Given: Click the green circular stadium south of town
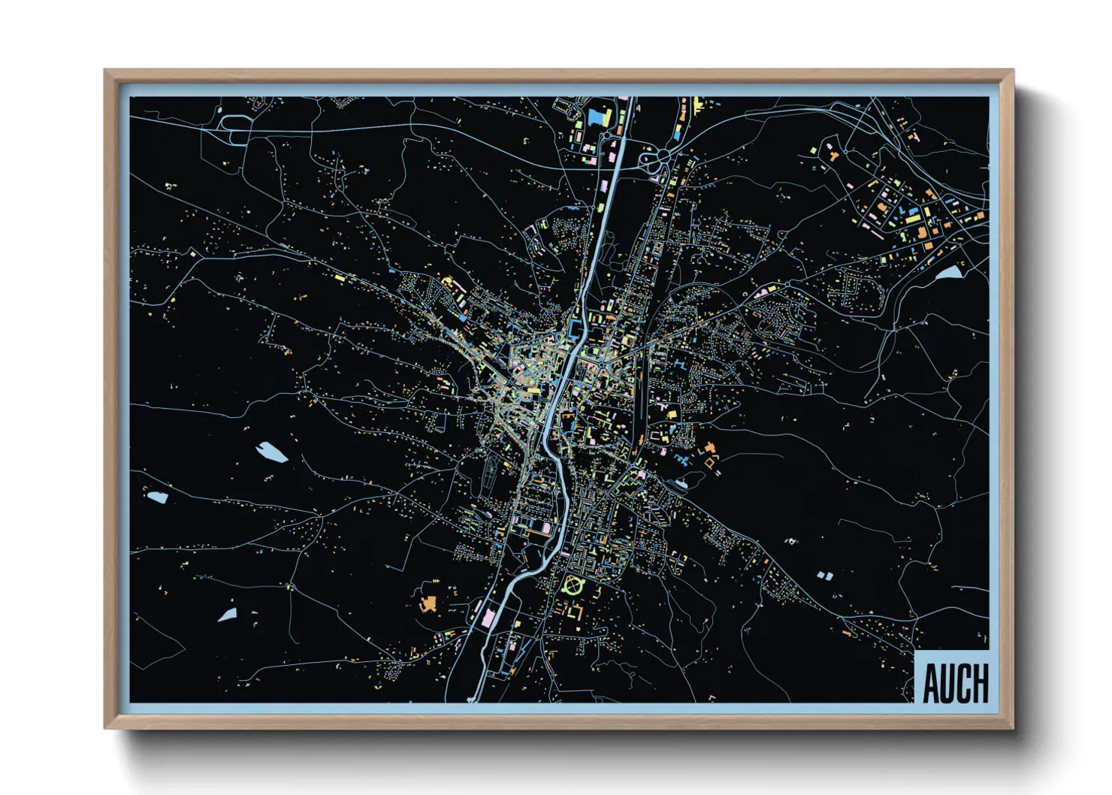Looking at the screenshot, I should coord(574,583).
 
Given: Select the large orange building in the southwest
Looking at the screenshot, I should coord(428,603).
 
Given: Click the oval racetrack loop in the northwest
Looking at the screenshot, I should coord(235,128).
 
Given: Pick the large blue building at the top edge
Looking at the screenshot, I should coord(599,117).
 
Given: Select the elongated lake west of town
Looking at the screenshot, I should coord(272,452).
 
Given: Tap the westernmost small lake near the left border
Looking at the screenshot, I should coord(157,497).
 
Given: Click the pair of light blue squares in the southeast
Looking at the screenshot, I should coord(825,576).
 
